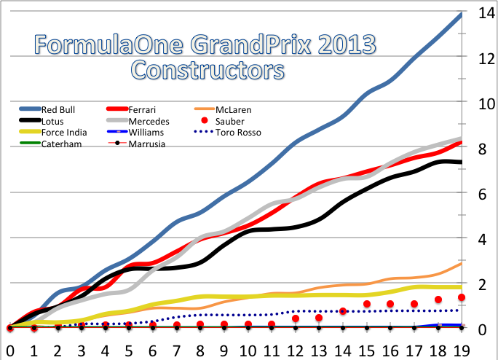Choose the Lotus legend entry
pyautogui.click(x=55, y=121)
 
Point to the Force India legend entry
pyautogui.click(x=64, y=133)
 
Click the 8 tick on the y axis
pyautogui.click(x=481, y=149)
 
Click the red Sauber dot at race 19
pyautogui.click(x=462, y=297)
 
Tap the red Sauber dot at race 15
pyautogui.click(x=367, y=304)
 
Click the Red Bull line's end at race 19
pyautogui.click(x=462, y=14)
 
